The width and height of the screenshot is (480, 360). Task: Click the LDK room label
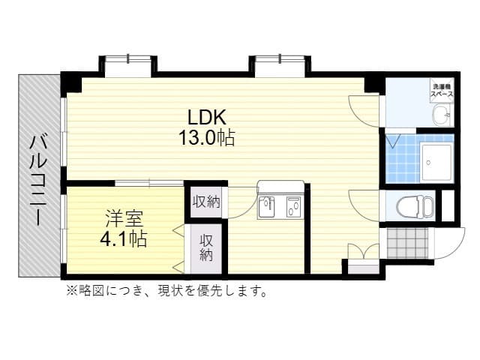pyautogui.click(x=207, y=118)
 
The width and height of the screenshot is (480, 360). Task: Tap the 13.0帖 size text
pyautogui.click(x=207, y=138)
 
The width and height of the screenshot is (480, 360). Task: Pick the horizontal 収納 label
pyautogui.click(x=206, y=201)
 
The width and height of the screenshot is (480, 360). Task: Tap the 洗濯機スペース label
pyautogui.click(x=441, y=91)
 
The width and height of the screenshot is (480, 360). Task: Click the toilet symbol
pyautogui.click(x=413, y=205)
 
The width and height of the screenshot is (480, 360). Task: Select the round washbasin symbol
pyautogui.click(x=441, y=115)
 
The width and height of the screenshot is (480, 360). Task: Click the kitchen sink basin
pyautogui.click(x=270, y=206)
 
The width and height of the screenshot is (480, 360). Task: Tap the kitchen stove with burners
pyautogui.click(x=293, y=205)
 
